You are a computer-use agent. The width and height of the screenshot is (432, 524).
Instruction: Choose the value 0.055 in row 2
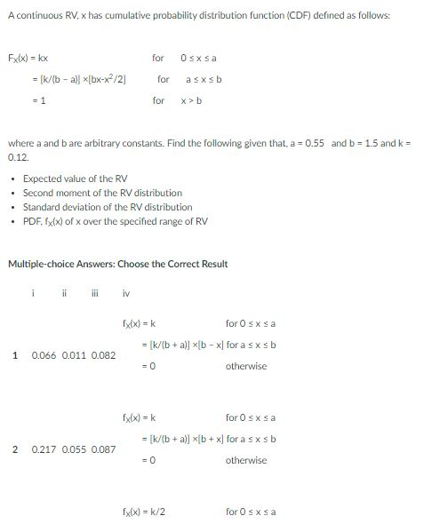tap(76, 449)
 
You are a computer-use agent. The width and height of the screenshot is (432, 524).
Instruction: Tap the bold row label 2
tap(16, 449)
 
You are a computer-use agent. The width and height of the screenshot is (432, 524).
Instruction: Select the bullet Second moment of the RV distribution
tap(102, 193)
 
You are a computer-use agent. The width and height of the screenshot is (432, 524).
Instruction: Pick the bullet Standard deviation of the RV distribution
tap(107, 206)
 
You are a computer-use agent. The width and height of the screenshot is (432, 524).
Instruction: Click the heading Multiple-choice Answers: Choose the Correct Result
tap(117, 264)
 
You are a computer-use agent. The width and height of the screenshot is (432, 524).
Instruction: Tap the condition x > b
tap(193, 100)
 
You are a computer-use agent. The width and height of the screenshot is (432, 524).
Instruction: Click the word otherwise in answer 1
tap(245, 366)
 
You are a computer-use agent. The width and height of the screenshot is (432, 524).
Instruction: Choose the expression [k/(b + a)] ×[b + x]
tap(185, 439)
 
